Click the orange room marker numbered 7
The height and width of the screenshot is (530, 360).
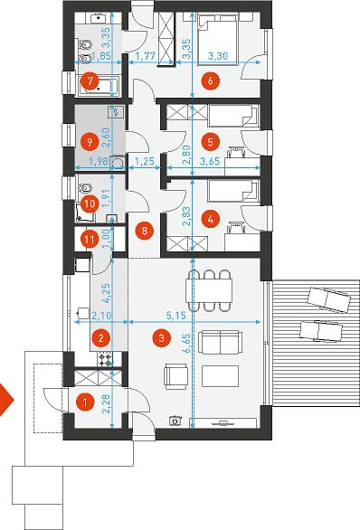click(x=90, y=81)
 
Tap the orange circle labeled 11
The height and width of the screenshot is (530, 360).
click(x=90, y=240)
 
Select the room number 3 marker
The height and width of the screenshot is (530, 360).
click(x=162, y=337)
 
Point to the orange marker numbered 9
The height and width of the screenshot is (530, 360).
click(x=90, y=142)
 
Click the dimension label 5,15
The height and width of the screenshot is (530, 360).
click(x=176, y=316)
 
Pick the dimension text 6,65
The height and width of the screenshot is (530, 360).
click(x=186, y=344)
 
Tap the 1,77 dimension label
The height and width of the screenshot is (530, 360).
click(x=146, y=56)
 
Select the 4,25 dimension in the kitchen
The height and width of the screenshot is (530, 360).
click(x=106, y=294)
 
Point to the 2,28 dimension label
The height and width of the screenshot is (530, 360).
click(x=106, y=403)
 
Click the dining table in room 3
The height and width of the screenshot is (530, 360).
click(x=209, y=290)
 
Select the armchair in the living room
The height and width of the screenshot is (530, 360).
click(x=175, y=376)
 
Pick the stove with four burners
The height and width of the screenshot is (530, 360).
click(x=104, y=359)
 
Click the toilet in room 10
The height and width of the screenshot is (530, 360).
click(x=85, y=187)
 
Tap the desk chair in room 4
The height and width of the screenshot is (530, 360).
click(x=235, y=227)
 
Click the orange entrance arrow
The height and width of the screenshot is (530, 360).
click(x=5, y=400)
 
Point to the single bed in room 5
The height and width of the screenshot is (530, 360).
click(x=233, y=116)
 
